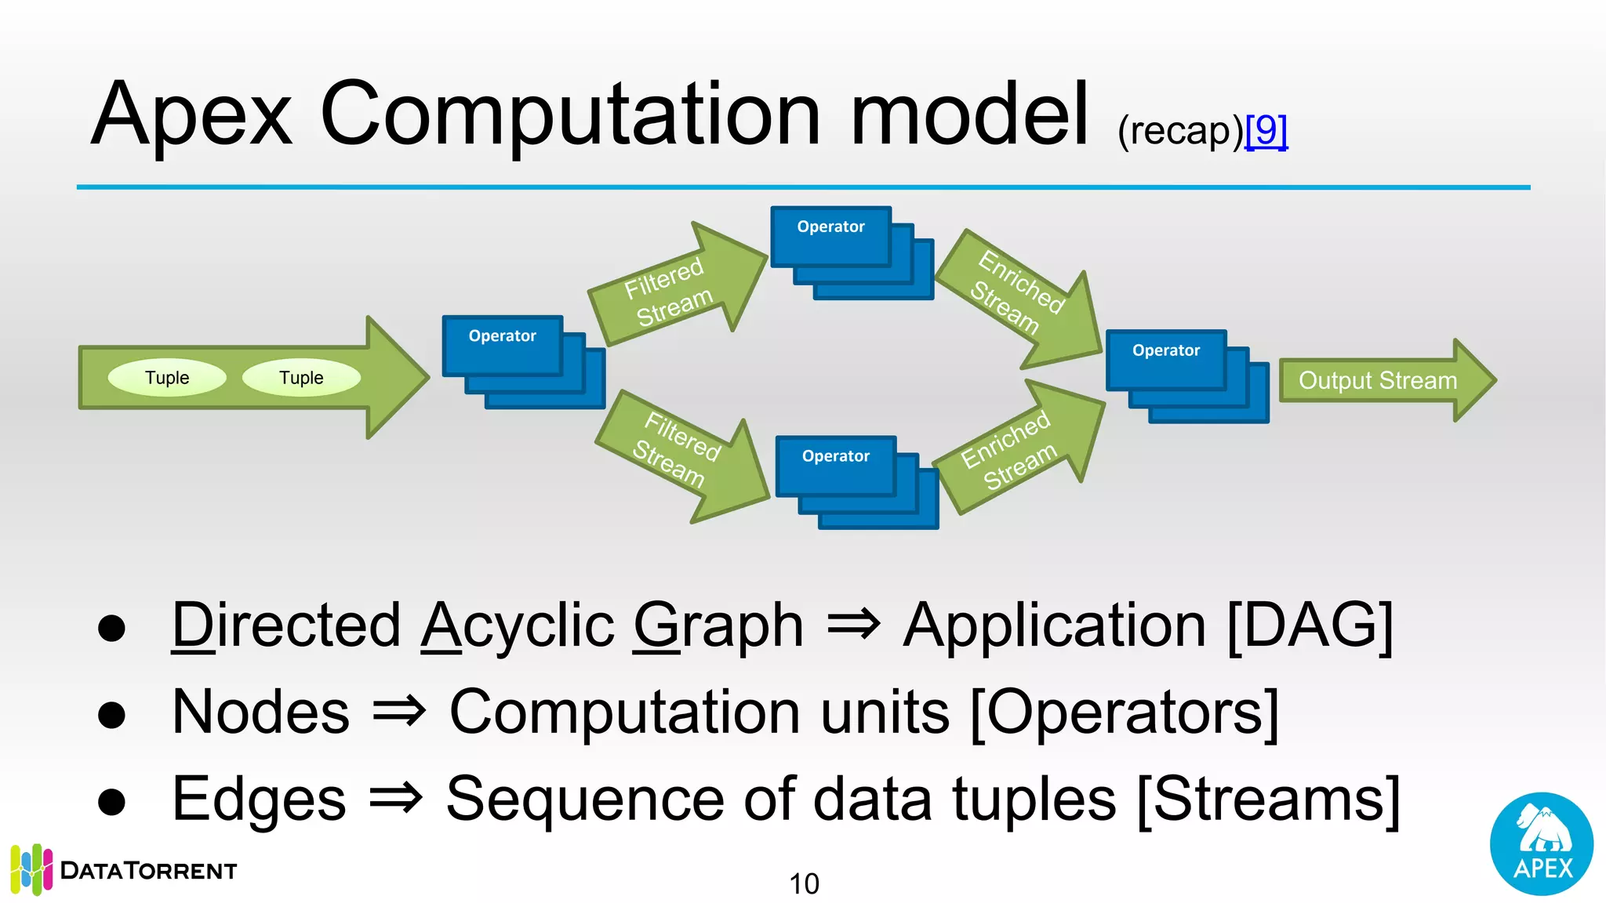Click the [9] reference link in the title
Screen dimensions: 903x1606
pyautogui.click(x=1266, y=130)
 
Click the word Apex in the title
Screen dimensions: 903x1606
pyautogui.click(x=191, y=116)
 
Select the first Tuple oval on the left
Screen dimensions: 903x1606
pyautogui.click(x=167, y=378)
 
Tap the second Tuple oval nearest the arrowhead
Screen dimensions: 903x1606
pyautogui.click(x=301, y=378)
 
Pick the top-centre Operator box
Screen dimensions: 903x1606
pyautogui.click(x=831, y=235)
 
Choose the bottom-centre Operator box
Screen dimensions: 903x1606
pyautogui.click(x=836, y=466)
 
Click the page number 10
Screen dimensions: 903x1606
pyautogui.click(x=804, y=884)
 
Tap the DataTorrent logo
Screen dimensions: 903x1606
pyautogui.click(x=125, y=870)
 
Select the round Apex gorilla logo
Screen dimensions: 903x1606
pyautogui.click(x=1541, y=843)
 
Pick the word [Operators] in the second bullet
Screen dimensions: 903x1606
pyautogui.click(x=1124, y=712)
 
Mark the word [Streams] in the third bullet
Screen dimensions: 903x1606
pyautogui.click(x=1267, y=799)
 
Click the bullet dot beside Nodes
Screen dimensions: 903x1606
pyautogui.click(x=112, y=714)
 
